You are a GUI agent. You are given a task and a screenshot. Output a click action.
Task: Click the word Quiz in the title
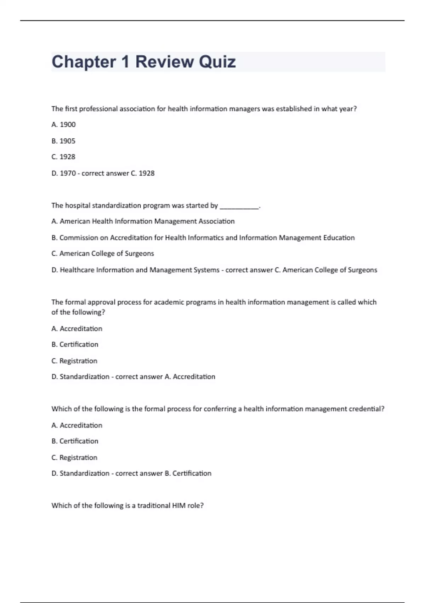tap(217, 62)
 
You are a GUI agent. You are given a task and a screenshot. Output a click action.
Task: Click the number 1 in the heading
tap(125, 62)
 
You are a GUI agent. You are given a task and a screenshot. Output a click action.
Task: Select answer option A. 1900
tap(64, 125)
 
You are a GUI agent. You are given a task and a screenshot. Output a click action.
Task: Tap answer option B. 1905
tap(63, 141)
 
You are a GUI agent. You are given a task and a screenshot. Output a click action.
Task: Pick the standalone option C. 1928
tap(63, 157)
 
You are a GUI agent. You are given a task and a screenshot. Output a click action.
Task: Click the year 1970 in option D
tap(68, 173)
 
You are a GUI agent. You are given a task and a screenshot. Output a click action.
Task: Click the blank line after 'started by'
tap(240, 206)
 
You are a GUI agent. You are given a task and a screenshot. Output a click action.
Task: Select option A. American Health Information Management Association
tap(143, 221)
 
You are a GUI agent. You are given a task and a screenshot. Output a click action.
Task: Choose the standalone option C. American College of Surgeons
tap(103, 254)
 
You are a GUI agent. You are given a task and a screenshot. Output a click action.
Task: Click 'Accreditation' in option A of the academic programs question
tap(81, 329)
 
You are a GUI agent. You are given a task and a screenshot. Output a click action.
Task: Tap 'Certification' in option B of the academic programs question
tap(79, 344)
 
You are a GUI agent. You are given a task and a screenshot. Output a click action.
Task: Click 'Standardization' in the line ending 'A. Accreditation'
tap(84, 377)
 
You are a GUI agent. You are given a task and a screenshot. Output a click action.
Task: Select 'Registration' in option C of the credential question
tap(78, 458)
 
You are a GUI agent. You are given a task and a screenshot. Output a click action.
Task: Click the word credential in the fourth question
tap(366, 409)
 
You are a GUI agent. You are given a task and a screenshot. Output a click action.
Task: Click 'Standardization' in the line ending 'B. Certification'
tap(84, 473)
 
